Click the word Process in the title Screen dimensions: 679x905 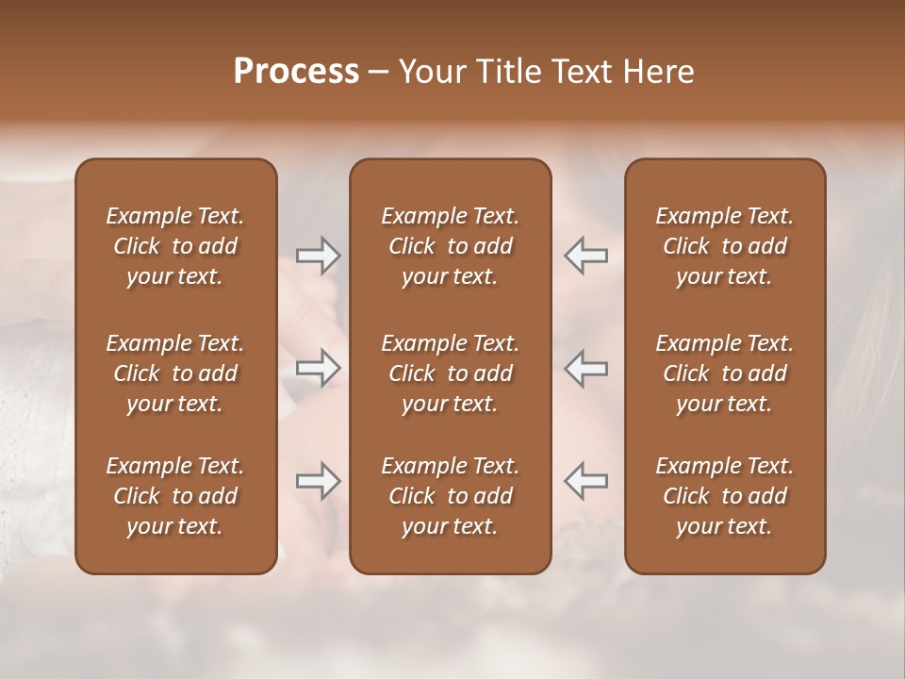click(296, 72)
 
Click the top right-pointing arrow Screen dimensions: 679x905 click(318, 256)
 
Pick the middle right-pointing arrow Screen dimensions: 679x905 click(318, 368)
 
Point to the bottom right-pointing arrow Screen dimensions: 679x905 click(318, 481)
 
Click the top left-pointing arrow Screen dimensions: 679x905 click(585, 256)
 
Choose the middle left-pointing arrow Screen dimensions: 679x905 click(585, 368)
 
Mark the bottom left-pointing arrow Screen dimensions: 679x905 click(585, 481)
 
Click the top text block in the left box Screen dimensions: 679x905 click(175, 246)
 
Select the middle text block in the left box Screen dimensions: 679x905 click(175, 373)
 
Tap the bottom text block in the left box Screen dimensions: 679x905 click(175, 496)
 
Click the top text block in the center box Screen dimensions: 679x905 click(450, 246)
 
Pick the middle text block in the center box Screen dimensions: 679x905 click(450, 373)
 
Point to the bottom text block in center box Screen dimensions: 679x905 click(450, 496)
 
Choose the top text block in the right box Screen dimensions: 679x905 click(724, 246)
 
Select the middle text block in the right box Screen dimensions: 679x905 click(724, 373)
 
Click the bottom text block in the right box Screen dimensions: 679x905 click(724, 496)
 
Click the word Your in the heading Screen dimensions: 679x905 click(432, 72)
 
